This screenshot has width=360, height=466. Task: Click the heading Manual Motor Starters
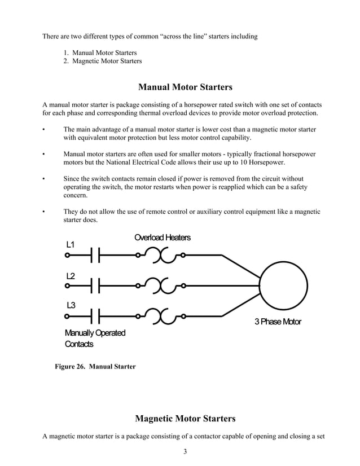[x=185, y=87]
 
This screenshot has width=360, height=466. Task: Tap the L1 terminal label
[x=71, y=245]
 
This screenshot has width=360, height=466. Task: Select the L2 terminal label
[x=71, y=276]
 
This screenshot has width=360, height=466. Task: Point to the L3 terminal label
[x=71, y=305]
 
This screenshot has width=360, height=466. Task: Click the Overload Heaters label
[x=163, y=238]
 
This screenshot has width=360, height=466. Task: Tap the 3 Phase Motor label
[x=278, y=322]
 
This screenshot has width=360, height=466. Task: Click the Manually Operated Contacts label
[x=95, y=338]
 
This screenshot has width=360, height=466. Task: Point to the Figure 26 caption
[x=95, y=367]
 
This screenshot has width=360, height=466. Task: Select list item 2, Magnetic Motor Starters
[x=103, y=61]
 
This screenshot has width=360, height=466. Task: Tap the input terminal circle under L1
[x=68, y=256]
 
